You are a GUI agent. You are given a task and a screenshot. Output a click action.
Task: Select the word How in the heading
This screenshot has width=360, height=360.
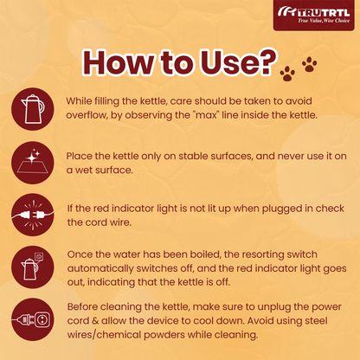(119, 62)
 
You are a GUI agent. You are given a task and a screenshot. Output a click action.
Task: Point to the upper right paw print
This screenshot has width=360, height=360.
(310, 64)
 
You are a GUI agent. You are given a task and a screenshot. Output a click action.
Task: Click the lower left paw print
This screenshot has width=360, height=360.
(287, 74)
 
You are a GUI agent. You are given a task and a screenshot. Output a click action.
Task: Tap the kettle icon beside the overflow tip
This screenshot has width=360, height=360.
(33, 109)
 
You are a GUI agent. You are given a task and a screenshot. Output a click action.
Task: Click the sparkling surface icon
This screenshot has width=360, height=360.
(33, 163)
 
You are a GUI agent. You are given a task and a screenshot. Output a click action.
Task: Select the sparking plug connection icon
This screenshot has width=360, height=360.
(33, 215)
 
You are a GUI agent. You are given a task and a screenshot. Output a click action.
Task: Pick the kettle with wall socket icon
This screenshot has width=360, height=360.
(33, 267)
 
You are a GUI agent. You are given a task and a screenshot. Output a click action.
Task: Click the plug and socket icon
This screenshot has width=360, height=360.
(33, 319)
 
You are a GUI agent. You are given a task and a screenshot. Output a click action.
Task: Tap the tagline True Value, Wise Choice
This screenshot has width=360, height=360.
(324, 21)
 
